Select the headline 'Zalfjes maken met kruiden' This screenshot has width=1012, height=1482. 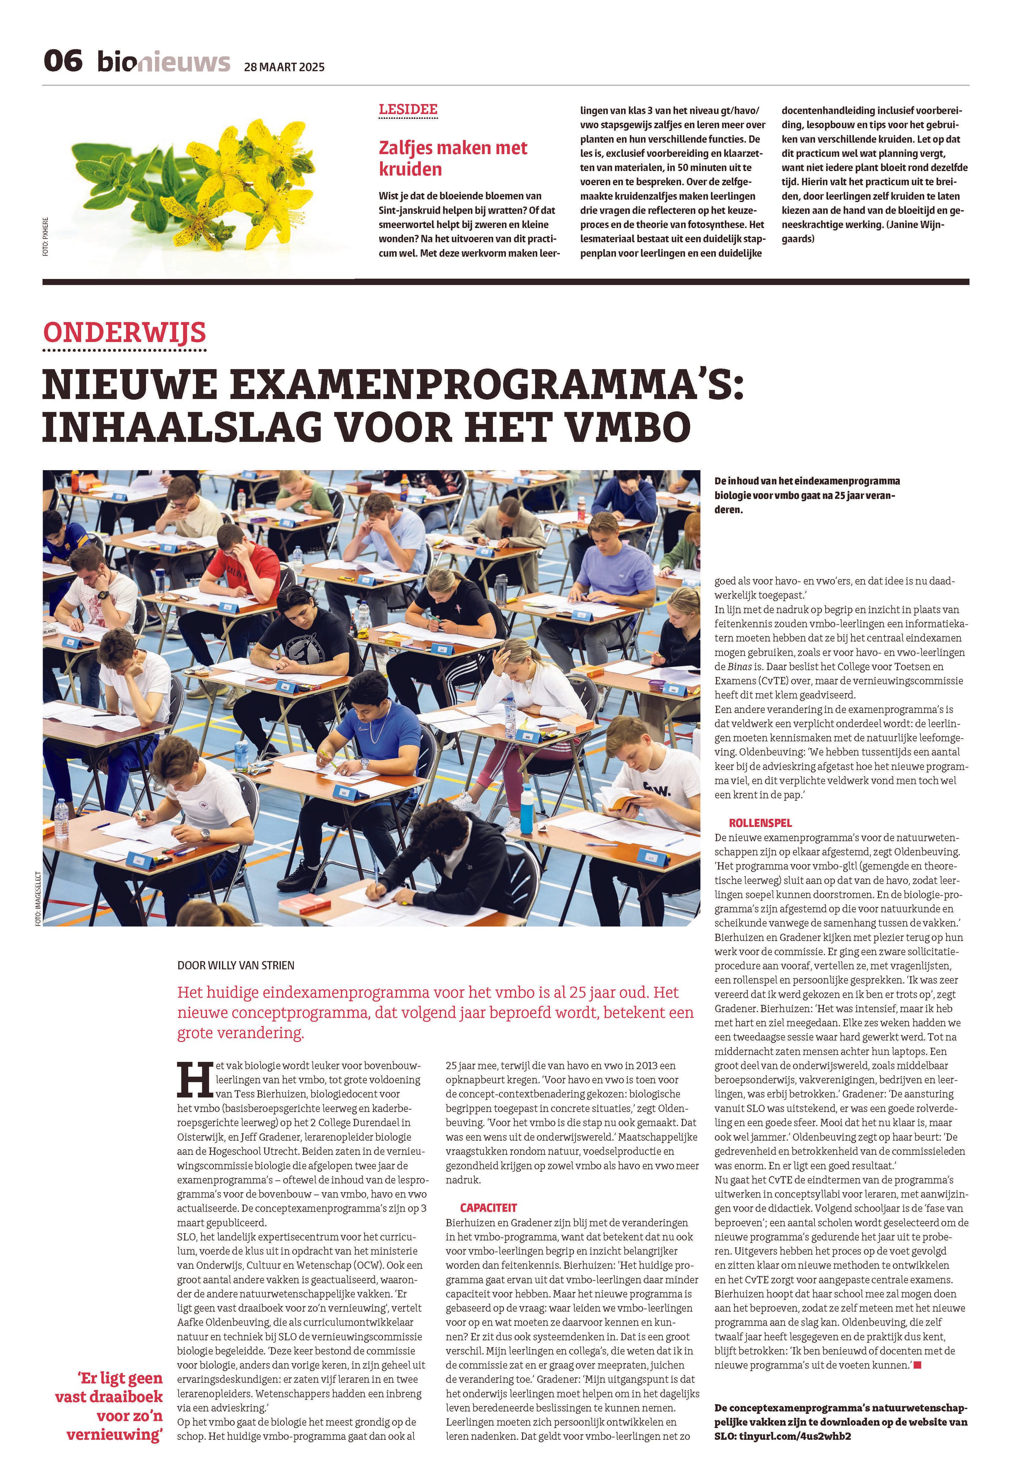point(453,158)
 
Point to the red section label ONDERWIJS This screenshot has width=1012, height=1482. point(125,333)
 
